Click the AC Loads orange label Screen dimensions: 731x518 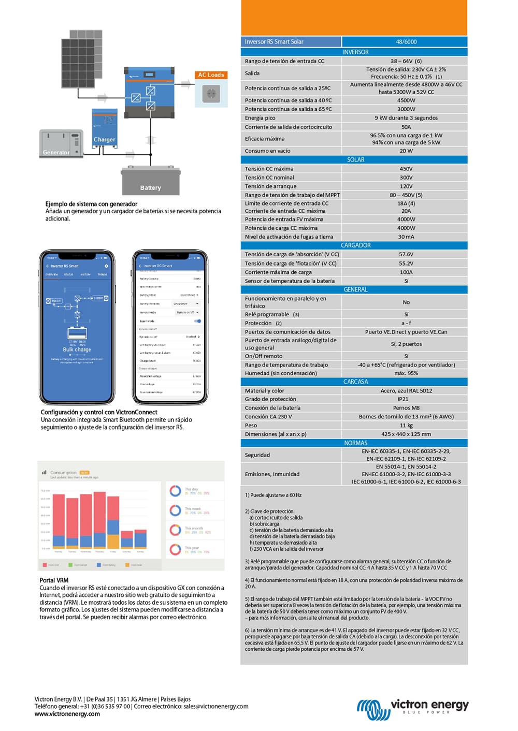(x=211, y=75)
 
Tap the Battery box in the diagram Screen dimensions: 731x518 (x=150, y=181)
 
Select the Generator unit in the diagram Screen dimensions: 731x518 (x=61, y=143)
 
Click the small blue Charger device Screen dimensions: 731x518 (x=104, y=127)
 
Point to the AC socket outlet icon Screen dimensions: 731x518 (x=211, y=94)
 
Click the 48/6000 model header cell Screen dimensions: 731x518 (x=406, y=42)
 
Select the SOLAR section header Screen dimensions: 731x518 (x=355, y=160)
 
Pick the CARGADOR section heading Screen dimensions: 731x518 (x=355, y=245)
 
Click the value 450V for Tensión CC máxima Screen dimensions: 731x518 (x=406, y=169)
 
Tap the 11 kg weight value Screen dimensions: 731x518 (x=406, y=426)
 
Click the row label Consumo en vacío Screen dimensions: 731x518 (x=267, y=151)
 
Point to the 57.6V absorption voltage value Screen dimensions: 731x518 (x=406, y=255)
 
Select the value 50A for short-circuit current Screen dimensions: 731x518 (x=406, y=127)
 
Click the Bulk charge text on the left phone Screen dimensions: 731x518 (x=77, y=349)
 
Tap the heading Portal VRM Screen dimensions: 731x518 (x=54, y=580)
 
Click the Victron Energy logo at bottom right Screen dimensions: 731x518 (x=412, y=708)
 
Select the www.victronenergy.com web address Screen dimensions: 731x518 (x=67, y=714)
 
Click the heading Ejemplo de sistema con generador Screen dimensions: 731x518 (x=91, y=204)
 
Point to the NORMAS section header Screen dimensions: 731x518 (x=355, y=443)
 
